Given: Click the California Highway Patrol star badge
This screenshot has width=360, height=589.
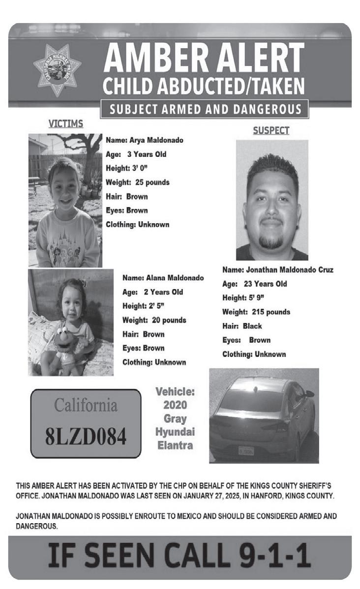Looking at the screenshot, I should click(57, 69).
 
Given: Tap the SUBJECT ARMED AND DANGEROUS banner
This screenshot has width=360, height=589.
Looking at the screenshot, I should click(204, 109).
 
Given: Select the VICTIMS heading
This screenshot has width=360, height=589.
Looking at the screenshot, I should click(65, 124).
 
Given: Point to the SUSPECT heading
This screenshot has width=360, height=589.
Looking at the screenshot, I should click(271, 131).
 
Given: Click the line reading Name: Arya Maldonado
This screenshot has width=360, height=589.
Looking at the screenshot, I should click(145, 140).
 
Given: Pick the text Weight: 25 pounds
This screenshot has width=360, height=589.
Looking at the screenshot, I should click(138, 182).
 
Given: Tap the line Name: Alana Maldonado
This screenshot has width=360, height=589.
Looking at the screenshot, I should click(163, 278).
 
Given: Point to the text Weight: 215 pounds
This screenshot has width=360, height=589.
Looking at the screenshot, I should click(256, 312).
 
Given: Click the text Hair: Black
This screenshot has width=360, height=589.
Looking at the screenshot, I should click(242, 326).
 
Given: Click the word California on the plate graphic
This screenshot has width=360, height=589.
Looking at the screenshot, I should click(86, 406).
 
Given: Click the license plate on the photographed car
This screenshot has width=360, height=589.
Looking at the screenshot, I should click(246, 450).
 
